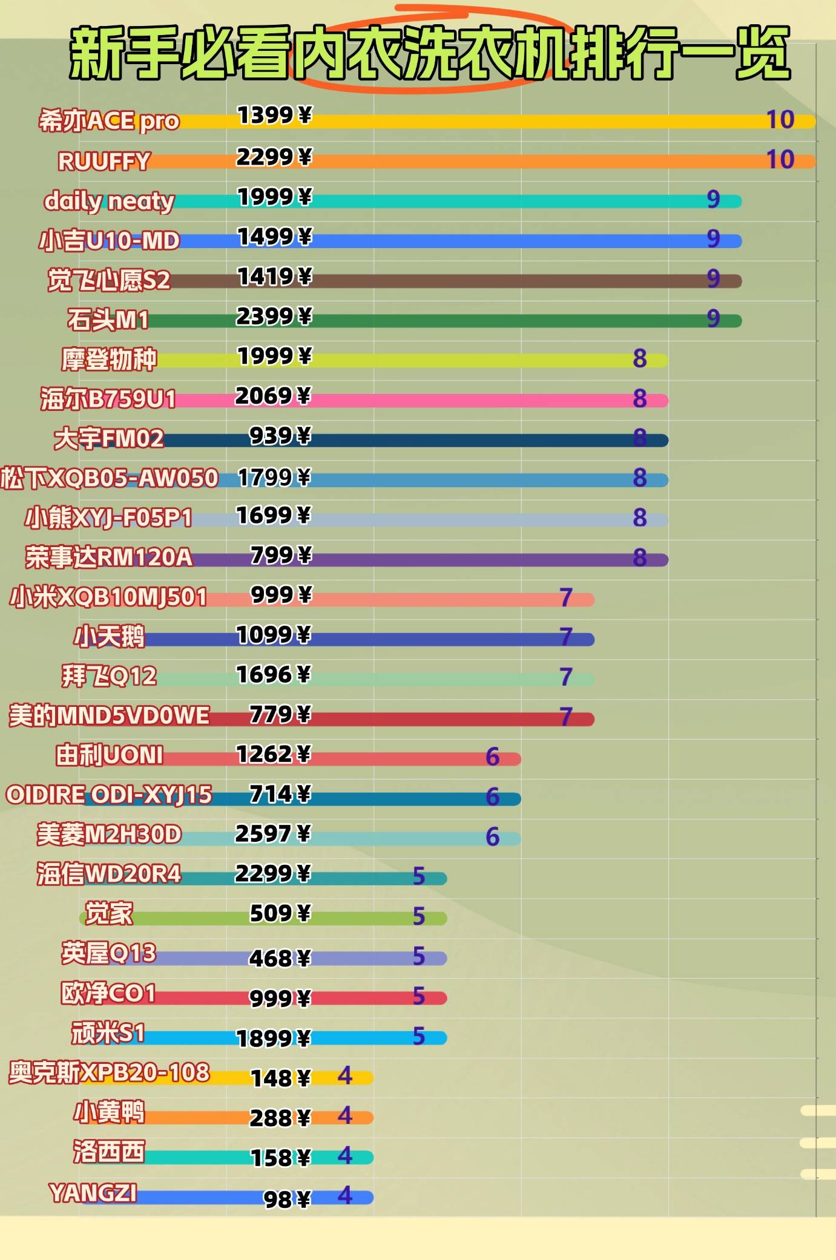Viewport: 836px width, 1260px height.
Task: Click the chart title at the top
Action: pos(430,53)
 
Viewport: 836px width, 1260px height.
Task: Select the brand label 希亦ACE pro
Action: pos(109,121)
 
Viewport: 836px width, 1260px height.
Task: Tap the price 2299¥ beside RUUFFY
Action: pos(274,157)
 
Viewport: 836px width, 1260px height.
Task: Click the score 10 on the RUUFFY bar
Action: pos(780,160)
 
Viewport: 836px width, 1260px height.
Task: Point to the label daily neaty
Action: pos(109,201)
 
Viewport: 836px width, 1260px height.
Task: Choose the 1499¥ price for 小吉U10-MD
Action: pos(274,237)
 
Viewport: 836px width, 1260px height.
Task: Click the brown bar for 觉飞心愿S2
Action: pos(484,281)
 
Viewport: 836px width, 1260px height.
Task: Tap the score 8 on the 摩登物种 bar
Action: pos(640,359)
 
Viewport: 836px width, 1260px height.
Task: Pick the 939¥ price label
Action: pos(280,436)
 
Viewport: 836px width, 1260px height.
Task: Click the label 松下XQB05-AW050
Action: pos(109,478)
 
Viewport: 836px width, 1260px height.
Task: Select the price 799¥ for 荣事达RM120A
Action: pos(281,555)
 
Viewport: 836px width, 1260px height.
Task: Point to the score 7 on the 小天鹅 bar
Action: pos(566,637)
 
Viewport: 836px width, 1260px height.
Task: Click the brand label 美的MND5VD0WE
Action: pos(109,716)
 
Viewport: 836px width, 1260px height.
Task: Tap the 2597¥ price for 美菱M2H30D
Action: pos(273,834)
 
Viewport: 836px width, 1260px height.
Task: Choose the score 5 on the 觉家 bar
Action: pos(419,916)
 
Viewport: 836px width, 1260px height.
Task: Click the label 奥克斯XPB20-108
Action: pos(109,1072)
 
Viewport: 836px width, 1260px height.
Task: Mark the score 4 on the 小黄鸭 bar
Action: pos(345,1115)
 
